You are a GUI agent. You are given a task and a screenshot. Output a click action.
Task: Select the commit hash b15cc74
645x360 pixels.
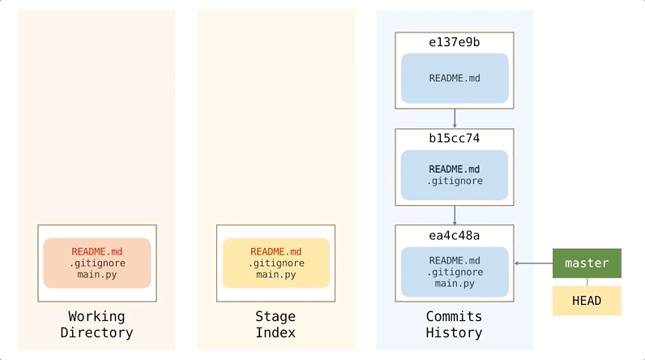coord(454,139)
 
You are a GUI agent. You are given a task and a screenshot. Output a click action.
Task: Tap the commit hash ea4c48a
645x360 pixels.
coord(454,235)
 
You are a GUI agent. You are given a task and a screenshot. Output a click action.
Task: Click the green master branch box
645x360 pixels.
coord(587,264)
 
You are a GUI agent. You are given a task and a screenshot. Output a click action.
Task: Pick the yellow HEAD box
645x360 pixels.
coord(587,301)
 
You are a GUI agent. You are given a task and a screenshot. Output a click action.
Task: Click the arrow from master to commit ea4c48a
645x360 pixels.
coord(533,264)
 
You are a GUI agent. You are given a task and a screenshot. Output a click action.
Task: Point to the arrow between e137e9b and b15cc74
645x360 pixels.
coord(455,118)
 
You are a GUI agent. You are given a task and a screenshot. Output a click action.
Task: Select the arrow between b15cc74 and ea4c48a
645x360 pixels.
coord(455,215)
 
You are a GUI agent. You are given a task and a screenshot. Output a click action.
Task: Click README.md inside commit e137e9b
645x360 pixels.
coord(455,79)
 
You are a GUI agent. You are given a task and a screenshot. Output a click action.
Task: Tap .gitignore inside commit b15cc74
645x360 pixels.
coord(455,181)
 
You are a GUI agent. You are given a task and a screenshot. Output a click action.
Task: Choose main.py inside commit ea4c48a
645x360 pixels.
coord(455,283)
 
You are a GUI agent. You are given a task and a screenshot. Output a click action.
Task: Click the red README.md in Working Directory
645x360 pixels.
coord(96,251)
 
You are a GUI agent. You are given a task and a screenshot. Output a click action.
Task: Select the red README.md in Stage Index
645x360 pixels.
coord(276,251)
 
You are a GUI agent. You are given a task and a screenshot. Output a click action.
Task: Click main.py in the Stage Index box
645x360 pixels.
coord(276,275)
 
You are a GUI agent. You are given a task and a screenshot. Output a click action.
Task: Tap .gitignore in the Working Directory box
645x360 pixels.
coord(96,264)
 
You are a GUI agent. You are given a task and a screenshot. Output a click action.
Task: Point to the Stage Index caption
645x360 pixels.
coord(276,324)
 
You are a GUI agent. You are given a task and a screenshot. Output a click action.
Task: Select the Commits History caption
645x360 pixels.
coord(454,324)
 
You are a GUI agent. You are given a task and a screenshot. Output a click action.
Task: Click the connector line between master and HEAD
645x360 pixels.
coord(587,282)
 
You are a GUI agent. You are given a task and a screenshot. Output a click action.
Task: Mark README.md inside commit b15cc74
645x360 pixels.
coord(455,169)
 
